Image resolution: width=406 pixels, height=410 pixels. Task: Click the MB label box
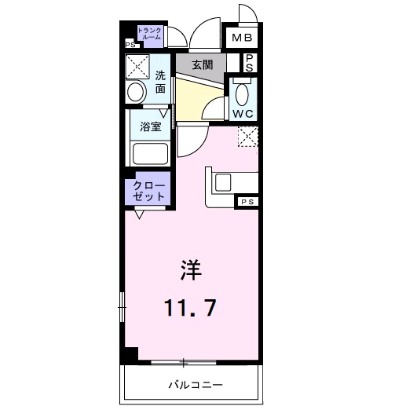tap(242, 38)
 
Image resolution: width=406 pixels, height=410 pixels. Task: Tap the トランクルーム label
tap(150, 34)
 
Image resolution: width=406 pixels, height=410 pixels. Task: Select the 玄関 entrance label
tap(203, 64)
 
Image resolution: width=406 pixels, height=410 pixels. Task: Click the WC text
tap(243, 114)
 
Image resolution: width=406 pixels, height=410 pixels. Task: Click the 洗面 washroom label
tap(160, 82)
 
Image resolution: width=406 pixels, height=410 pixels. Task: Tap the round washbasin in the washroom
tap(136, 92)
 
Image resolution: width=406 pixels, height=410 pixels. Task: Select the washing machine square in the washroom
tap(137, 67)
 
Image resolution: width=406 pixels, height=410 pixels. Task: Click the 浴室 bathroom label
tap(151, 126)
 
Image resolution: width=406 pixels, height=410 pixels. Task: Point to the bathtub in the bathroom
tap(150, 154)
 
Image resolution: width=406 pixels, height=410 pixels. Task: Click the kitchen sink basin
tap(223, 182)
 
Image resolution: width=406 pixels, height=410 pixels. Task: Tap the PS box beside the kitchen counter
tap(247, 202)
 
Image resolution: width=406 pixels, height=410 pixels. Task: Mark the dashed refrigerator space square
tap(248, 137)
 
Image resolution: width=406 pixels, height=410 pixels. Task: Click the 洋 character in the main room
tap(191, 270)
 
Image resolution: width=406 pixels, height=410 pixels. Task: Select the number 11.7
tap(190, 308)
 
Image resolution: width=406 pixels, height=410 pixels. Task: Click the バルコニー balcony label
tap(196, 385)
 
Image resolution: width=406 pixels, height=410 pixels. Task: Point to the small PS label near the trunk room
tap(130, 45)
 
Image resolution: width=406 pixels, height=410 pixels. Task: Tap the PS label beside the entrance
tap(250, 63)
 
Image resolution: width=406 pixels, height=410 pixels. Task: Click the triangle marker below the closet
tap(139, 214)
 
